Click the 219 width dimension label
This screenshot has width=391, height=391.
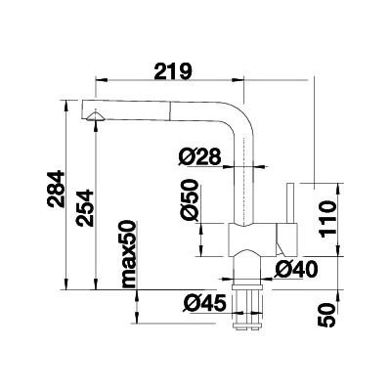coord(173,71)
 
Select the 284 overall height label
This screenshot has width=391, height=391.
coord(56,189)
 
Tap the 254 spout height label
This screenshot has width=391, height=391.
coord(85,208)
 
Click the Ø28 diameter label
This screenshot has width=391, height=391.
coord(199,157)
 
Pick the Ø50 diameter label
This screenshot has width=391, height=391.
coord(189,198)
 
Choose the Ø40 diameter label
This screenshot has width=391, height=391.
coord(296,270)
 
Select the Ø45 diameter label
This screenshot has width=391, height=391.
coord(204,304)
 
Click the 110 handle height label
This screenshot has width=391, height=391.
coord(327,219)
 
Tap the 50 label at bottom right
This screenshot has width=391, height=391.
coord(326,315)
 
